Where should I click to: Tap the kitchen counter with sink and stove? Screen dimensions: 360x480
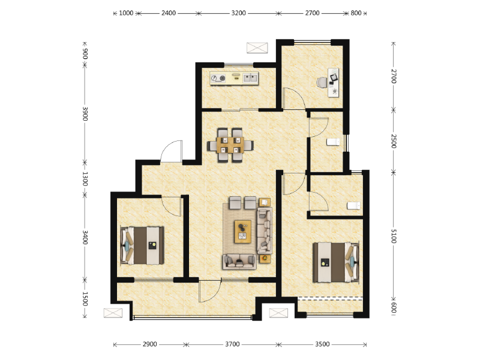pos(234,78)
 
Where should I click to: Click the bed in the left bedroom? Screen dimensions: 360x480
pos(144,245)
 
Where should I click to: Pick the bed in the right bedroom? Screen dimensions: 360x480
pos(335,262)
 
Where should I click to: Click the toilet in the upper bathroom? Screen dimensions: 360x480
pos(332,142)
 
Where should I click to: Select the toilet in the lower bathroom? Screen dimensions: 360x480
pos(354,206)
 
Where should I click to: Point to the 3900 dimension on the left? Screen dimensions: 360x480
pos(85,114)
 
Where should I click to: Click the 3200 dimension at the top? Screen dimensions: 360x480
pos(238,13)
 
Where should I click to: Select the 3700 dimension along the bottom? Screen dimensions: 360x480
pos(232,344)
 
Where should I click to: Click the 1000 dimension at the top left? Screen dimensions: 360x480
pos(125,13)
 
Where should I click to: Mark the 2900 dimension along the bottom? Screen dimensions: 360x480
pos(150,344)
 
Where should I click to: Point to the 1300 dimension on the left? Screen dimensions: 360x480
pos(85,178)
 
